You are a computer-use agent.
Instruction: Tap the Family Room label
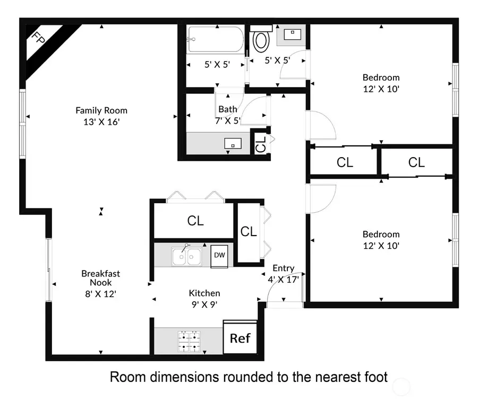pos(101,110)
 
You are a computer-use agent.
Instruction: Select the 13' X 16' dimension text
pos(101,121)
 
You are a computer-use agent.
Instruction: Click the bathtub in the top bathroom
pos(215,39)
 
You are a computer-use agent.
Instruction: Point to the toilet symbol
pos(261,40)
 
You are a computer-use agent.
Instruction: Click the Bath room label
pos(227,109)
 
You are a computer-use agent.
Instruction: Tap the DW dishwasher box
pos(219,255)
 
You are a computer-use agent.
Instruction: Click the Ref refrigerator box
pos(240,338)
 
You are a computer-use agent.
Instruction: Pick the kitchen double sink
pos(186,257)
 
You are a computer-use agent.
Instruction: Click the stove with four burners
pos(189,342)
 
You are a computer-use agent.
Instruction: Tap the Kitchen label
pos(204,293)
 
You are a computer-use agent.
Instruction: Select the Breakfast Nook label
pos(100,278)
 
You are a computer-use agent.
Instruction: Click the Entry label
pos(283,268)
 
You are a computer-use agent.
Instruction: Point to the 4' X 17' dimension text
pos(283,279)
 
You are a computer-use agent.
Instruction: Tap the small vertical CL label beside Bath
pos(260,144)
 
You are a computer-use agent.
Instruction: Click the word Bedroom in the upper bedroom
pos(381,77)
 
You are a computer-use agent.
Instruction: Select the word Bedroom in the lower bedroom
pos(381,234)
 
